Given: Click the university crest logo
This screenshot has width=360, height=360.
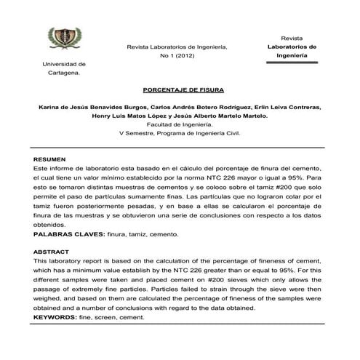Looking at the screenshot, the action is click(x=65, y=38).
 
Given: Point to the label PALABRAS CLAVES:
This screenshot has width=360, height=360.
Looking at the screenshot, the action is click(x=69, y=235).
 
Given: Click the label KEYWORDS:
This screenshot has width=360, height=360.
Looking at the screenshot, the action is click(x=57, y=318).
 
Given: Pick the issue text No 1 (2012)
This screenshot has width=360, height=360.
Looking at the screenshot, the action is click(x=177, y=56).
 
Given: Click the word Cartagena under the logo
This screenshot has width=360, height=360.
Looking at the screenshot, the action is click(x=63, y=73).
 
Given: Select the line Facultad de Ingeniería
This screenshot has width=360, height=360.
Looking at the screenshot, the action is click(x=178, y=124).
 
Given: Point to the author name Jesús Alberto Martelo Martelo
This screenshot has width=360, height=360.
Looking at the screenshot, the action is click(x=223, y=115).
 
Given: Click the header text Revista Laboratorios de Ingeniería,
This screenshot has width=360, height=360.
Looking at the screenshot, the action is click(x=177, y=47).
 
